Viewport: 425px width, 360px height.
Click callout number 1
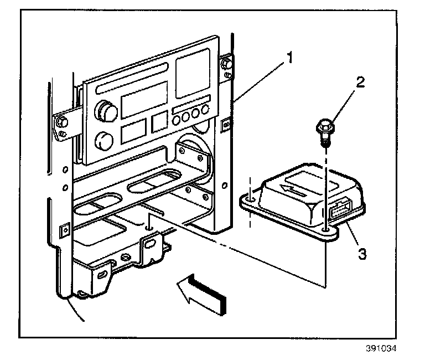(290, 58)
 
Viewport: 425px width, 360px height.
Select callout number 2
(360, 83)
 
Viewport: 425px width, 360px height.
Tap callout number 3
(362, 254)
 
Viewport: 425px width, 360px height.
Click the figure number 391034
(381, 348)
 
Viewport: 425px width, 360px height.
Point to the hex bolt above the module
(325, 133)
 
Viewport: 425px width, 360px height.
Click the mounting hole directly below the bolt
(325, 230)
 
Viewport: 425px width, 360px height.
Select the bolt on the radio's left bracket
(61, 122)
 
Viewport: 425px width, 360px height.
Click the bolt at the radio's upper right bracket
(226, 64)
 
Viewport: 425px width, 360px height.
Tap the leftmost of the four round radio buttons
(176, 120)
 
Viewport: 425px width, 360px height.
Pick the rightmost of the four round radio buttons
(205, 110)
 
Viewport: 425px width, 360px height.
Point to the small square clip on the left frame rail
(65, 229)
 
